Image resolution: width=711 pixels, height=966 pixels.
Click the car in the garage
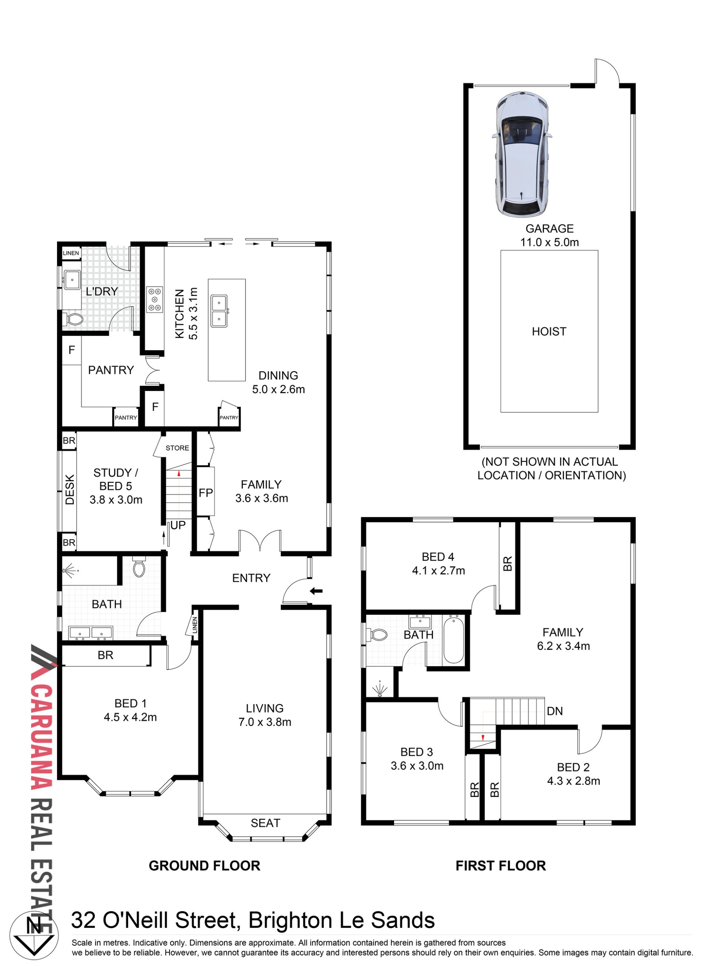click(522, 155)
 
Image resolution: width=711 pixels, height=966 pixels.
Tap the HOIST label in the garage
click(549, 331)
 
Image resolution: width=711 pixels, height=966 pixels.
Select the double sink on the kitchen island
click(219, 311)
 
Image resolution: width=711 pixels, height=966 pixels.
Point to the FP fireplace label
click(206, 493)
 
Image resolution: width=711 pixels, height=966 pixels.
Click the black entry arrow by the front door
click(316, 591)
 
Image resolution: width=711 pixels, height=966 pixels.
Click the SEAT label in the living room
click(266, 823)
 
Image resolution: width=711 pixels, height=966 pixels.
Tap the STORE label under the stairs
click(177, 448)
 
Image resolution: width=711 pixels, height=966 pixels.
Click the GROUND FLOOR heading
click(204, 865)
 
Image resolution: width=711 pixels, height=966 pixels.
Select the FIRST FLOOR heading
click(501, 865)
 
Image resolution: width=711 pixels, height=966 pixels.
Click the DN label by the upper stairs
click(555, 711)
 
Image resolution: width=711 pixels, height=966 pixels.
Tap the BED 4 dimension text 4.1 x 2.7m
click(439, 571)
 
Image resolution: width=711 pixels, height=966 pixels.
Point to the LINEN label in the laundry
click(71, 253)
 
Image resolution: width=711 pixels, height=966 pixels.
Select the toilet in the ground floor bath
click(139, 567)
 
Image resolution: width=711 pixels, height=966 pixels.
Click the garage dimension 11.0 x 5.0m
click(550, 242)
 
